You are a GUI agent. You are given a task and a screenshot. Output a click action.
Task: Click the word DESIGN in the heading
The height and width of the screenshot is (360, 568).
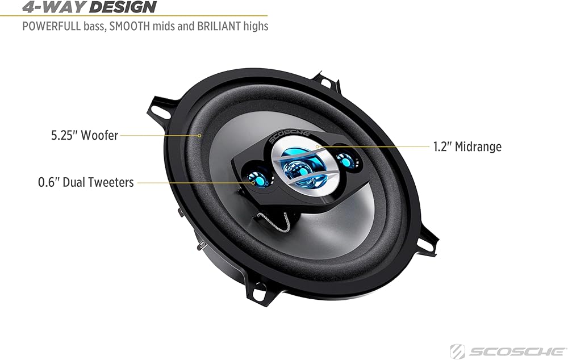[123, 6]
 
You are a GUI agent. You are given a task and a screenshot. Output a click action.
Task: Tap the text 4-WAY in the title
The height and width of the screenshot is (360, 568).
[54, 6]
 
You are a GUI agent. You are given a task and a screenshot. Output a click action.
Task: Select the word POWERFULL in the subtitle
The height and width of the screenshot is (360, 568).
[52, 26]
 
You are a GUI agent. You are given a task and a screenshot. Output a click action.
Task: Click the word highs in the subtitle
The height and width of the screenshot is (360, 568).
[256, 27]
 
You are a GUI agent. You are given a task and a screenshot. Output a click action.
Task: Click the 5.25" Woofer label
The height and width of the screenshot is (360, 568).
[85, 135]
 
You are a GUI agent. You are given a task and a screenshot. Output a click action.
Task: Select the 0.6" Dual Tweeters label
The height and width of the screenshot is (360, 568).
[86, 182]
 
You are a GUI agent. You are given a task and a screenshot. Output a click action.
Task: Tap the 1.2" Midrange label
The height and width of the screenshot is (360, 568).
[467, 146]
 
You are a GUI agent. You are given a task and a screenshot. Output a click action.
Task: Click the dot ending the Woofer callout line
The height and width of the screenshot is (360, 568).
[199, 136]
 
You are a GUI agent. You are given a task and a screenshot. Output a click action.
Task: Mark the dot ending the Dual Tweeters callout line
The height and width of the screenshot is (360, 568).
[253, 182]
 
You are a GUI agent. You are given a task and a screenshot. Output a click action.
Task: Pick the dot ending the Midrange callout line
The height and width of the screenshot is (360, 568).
[317, 146]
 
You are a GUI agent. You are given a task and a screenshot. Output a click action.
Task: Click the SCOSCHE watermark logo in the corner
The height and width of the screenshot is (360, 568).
[508, 351]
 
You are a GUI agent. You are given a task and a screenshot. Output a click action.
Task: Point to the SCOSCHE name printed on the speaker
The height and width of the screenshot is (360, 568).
[290, 137]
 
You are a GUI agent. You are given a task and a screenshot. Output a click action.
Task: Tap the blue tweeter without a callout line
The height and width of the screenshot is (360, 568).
[345, 160]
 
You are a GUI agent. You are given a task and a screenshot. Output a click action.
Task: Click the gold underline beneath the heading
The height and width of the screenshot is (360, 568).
[133, 16]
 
